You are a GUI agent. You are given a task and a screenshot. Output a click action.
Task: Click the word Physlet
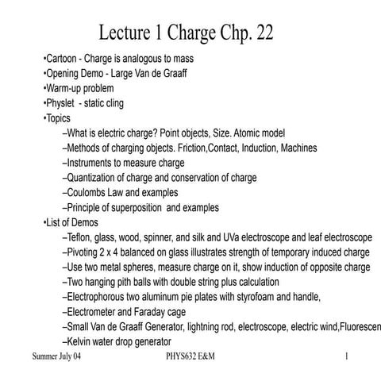[x=63, y=103]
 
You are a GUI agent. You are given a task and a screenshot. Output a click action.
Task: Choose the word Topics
[x=60, y=117]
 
